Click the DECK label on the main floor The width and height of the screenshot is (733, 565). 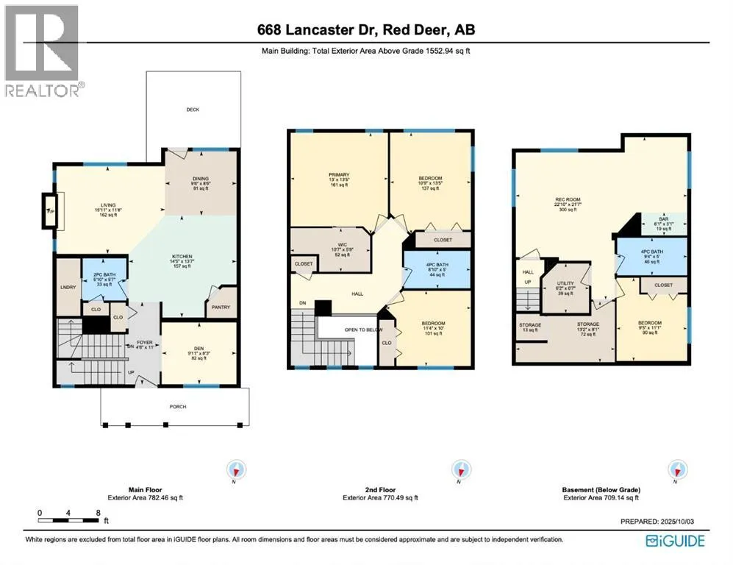[193, 110]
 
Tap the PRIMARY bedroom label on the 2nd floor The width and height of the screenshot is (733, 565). [338, 179]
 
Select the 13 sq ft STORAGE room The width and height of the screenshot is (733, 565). [530, 327]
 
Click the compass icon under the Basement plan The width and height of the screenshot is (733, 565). [675, 469]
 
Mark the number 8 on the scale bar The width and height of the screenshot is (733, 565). [97, 513]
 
